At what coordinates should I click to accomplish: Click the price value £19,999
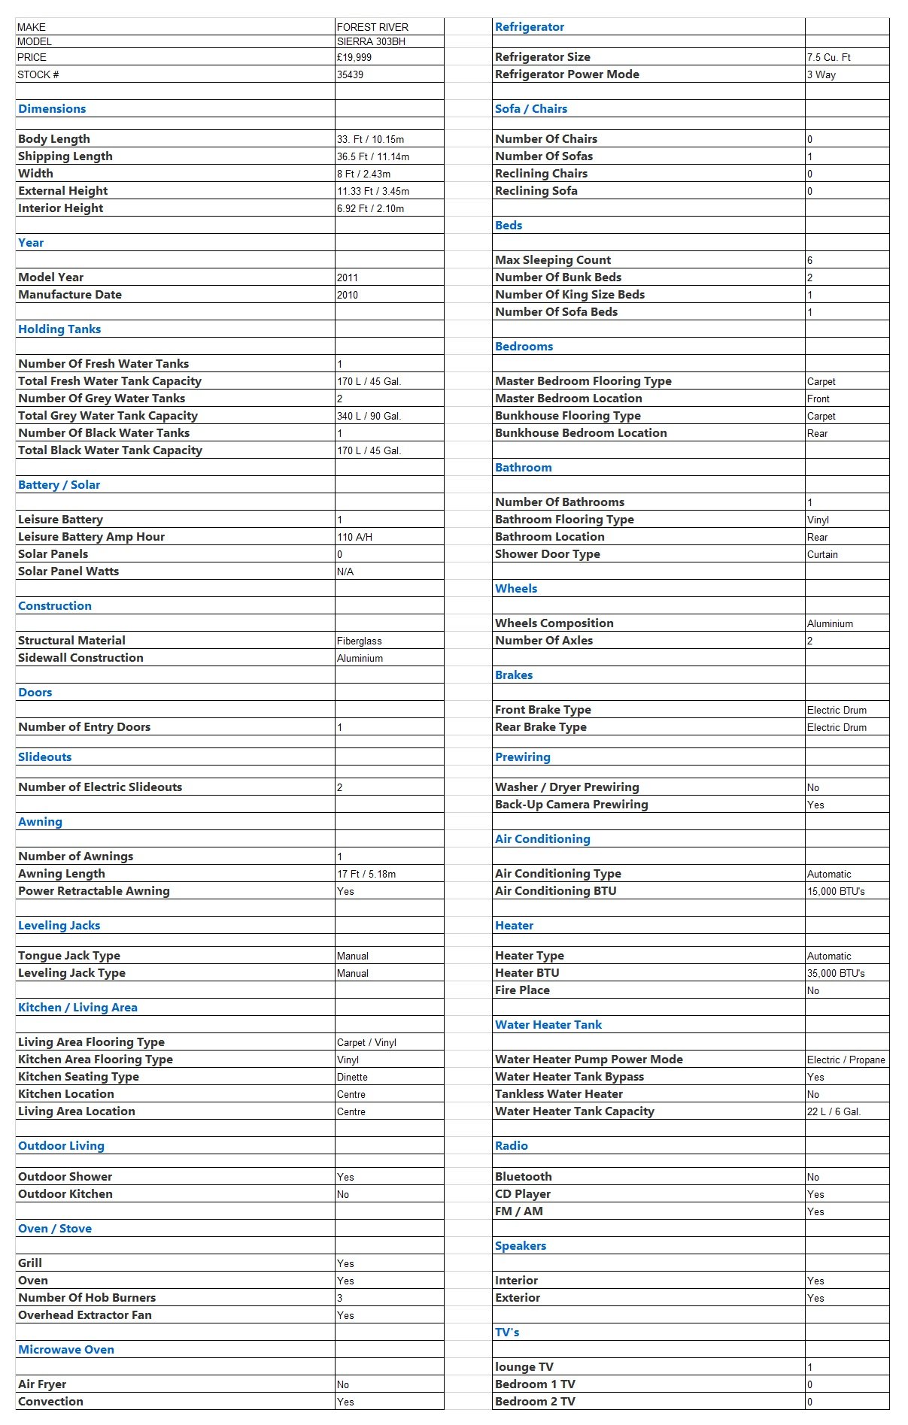click(x=354, y=57)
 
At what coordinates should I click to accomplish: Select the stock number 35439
click(x=351, y=74)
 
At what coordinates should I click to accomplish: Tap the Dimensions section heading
click(x=52, y=109)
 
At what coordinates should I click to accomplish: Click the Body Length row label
click(x=54, y=139)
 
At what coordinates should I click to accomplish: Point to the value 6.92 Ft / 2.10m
click(x=370, y=208)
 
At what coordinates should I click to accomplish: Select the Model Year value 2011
click(x=348, y=277)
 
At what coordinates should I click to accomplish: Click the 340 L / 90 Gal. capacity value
click(x=369, y=416)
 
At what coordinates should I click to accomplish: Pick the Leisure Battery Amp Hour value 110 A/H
click(x=355, y=537)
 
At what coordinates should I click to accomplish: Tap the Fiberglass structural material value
click(x=360, y=641)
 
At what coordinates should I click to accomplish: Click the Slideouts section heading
click(x=45, y=757)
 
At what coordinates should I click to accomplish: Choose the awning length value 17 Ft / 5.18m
click(x=366, y=874)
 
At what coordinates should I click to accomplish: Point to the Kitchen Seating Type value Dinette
click(x=352, y=1077)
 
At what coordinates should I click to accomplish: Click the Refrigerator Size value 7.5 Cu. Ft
click(x=829, y=57)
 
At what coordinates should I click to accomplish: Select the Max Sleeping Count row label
click(x=553, y=260)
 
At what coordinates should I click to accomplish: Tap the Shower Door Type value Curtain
click(x=822, y=554)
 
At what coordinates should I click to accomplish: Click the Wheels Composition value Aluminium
click(x=830, y=623)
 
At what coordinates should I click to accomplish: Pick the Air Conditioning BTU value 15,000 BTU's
click(x=836, y=891)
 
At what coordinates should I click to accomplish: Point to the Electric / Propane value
click(x=846, y=1060)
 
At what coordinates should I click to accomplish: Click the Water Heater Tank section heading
click(x=548, y=1025)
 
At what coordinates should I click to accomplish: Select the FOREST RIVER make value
click(x=372, y=27)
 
